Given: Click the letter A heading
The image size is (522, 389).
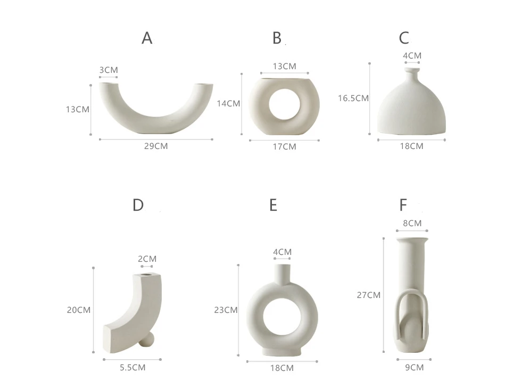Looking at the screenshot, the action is pyautogui.click(x=147, y=38).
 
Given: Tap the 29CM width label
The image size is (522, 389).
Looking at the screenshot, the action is pyautogui.click(x=156, y=146).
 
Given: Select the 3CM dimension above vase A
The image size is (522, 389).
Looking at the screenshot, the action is pyautogui.click(x=109, y=70).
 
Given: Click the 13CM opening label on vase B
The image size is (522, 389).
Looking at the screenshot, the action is pyautogui.click(x=284, y=67).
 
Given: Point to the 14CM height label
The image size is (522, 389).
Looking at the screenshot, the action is pyautogui.click(x=228, y=104).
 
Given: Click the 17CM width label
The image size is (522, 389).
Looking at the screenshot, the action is pyautogui.click(x=284, y=146).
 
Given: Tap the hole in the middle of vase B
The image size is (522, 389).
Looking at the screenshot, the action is pyautogui.click(x=284, y=104).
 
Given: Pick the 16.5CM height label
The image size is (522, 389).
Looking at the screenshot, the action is pyautogui.click(x=353, y=98).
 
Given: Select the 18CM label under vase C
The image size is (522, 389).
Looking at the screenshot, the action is pyautogui.click(x=411, y=146).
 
